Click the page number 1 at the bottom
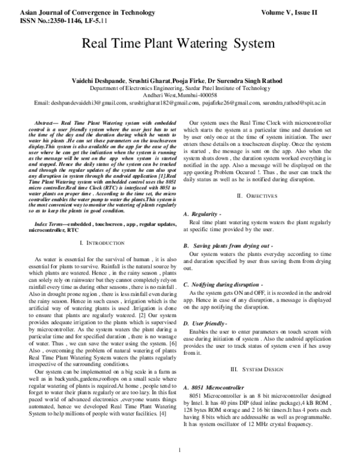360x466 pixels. click(x=179, y=458)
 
